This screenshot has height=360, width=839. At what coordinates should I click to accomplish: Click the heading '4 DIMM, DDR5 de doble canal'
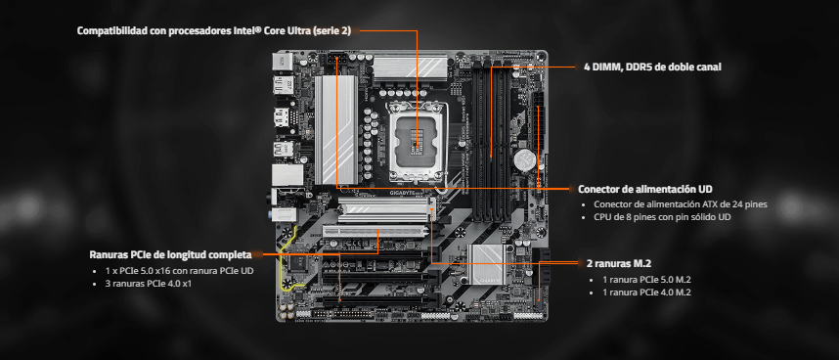[x=652, y=67]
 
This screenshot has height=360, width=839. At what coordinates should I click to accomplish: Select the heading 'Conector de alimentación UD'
[x=644, y=190]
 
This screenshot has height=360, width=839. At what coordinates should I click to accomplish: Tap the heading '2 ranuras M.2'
[x=619, y=263]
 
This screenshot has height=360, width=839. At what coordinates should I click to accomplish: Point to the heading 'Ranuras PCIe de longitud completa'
[x=170, y=254]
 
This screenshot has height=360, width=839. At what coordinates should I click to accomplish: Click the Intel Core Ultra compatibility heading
[x=214, y=30]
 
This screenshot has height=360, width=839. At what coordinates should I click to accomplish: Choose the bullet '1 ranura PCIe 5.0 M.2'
[x=647, y=279]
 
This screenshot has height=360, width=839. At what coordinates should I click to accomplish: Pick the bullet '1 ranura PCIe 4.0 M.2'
[x=647, y=292]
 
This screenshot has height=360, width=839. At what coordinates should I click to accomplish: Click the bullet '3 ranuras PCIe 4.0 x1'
[x=149, y=284]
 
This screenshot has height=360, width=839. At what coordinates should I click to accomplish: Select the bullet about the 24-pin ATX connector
[x=681, y=204]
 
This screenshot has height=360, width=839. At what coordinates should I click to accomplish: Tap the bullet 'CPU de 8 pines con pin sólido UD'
[x=662, y=217]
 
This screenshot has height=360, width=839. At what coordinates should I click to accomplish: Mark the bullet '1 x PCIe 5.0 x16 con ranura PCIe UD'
[x=179, y=271]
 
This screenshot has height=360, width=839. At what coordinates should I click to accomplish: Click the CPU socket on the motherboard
[x=419, y=141]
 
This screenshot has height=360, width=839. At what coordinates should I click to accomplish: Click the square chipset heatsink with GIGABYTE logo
[x=485, y=264]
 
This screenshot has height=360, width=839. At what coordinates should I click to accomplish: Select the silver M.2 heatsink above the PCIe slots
[x=387, y=208]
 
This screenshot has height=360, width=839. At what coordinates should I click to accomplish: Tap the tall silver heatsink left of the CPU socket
[x=335, y=130]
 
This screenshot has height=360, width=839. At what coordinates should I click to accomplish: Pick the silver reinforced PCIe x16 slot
[x=375, y=232]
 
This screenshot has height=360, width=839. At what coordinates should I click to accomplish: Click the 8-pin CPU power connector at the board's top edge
[x=337, y=59]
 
